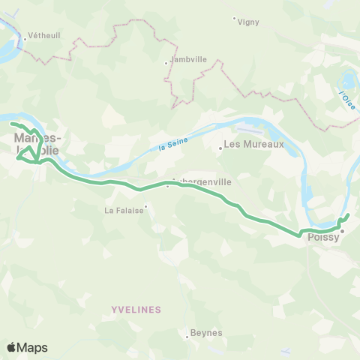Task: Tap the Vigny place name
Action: click(248, 22)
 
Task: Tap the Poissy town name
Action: click(323, 238)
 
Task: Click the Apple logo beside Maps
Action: click(10, 347)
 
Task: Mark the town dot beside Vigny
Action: click(234, 18)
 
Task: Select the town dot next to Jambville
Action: click(166, 63)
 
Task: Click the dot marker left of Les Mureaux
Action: click(220, 148)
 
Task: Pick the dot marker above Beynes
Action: click(187, 337)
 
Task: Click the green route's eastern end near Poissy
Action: click(348, 216)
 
